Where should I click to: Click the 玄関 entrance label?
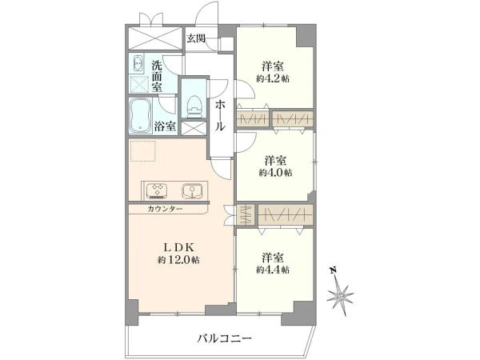pyautogui.click(x=196, y=38)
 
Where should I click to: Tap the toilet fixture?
pyautogui.click(x=194, y=106)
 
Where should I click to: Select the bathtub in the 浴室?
pyautogui.click(x=140, y=116)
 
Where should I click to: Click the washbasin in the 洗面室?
pyautogui.click(x=138, y=64)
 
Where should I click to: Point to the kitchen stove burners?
pyautogui.click(x=156, y=190)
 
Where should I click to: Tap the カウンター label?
pyautogui.click(x=165, y=209)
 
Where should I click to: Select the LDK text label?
pyautogui.click(x=178, y=246)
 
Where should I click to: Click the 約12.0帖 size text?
pyautogui.click(x=178, y=260)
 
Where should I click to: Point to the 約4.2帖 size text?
pyautogui.click(x=273, y=78)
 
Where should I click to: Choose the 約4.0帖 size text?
pyautogui.click(x=275, y=173)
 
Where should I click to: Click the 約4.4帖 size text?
pyautogui.click(x=273, y=270)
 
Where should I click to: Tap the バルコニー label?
pyautogui.click(x=224, y=338)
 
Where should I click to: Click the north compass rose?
pyautogui.click(x=340, y=296)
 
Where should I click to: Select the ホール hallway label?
pyautogui.click(x=220, y=116)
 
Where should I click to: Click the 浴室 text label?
pyautogui.click(x=165, y=126)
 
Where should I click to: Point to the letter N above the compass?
pyautogui.click(x=333, y=270)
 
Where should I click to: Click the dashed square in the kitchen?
pyautogui.click(x=143, y=150)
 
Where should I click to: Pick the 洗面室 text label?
pyautogui.click(x=157, y=76)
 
